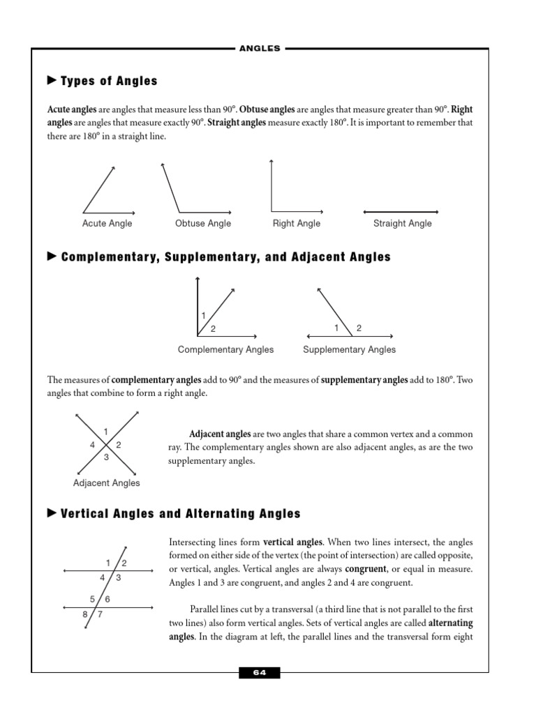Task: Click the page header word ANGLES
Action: [x=260, y=49]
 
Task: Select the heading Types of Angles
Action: [x=109, y=81]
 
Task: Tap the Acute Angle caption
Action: [x=107, y=224]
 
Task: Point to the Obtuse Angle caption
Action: [x=203, y=224]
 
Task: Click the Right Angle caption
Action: [x=297, y=224]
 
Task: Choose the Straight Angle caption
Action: [x=403, y=224]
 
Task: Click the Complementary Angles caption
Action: [x=226, y=349]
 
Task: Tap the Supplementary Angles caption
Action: [x=349, y=349]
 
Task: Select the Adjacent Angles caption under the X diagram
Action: [x=107, y=483]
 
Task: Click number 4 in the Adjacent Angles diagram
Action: [x=92, y=445]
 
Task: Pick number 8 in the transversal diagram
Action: [x=85, y=614]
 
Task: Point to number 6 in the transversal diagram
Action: [x=107, y=599]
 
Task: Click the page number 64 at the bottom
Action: [x=260, y=673]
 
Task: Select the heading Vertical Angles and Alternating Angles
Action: [x=181, y=514]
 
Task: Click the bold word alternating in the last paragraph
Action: [x=450, y=623]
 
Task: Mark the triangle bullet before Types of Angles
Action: [x=51, y=81]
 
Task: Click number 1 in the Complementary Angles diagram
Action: [x=203, y=316]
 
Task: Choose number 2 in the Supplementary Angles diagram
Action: [x=359, y=328]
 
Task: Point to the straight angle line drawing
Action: [x=400, y=211]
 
